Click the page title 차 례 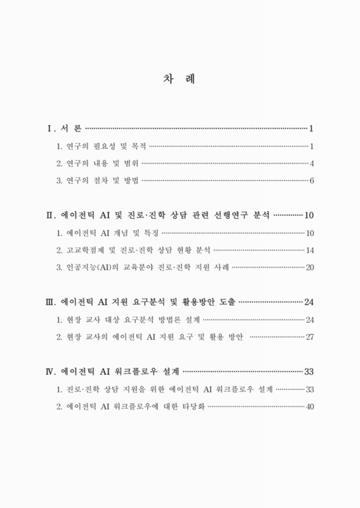[180, 80]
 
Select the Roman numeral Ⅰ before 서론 [50, 129]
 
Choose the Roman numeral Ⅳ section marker [51, 370]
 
